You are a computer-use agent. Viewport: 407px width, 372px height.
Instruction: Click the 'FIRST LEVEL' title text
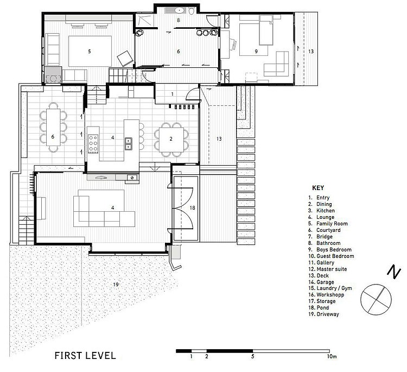point(85,355)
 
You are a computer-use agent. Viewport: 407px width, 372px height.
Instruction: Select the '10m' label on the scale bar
point(332,356)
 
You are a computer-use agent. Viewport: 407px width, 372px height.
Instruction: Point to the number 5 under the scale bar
point(252,356)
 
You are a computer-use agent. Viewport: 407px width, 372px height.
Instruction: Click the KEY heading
point(318,188)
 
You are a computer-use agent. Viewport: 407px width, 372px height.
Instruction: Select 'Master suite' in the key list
point(332,269)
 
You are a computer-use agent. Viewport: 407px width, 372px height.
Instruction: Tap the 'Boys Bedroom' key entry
point(334,250)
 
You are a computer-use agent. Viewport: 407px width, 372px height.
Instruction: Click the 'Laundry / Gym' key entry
point(334,288)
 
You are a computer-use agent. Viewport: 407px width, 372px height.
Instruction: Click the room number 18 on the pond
point(192,208)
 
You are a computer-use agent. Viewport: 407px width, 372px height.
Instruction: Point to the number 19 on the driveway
point(116,285)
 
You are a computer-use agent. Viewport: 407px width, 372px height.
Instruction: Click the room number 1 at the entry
point(173,94)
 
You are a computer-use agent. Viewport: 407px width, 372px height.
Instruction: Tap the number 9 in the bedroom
point(256,52)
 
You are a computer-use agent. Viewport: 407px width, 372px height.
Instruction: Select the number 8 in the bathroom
point(179,20)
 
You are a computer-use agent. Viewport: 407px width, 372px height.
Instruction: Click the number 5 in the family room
point(90,52)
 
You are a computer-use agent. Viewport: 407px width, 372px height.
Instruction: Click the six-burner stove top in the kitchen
point(93,143)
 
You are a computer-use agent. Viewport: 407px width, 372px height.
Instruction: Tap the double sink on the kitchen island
point(129,144)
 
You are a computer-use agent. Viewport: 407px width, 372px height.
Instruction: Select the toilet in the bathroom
point(192,11)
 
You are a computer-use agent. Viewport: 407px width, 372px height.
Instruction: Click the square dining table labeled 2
point(171,140)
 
